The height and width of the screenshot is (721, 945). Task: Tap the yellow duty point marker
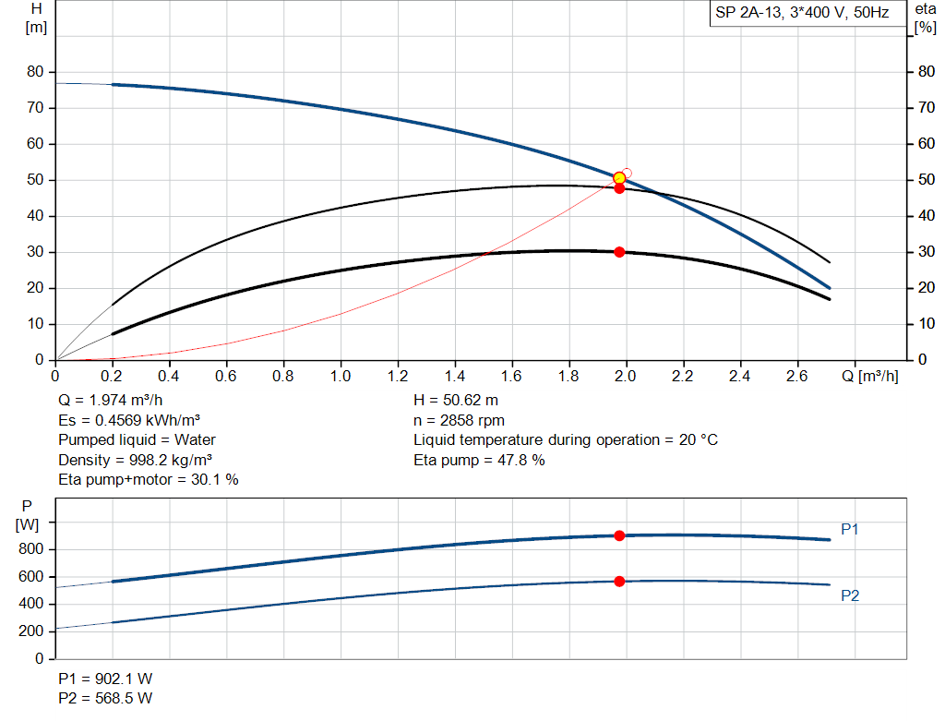[x=619, y=177]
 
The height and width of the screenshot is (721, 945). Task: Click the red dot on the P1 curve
[x=619, y=535]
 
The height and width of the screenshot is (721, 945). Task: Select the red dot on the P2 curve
[x=619, y=581]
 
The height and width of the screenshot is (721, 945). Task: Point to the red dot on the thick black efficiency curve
[x=619, y=252]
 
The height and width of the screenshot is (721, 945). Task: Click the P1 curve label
[x=850, y=529]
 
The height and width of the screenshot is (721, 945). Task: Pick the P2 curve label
[x=850, y=595]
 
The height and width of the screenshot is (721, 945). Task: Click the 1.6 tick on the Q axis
[x=511, y=376]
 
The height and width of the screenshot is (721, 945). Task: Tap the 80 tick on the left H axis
[x=38, y=72]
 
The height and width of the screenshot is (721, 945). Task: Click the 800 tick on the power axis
[x=32, y=549]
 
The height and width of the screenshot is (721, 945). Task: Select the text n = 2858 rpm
[x=459, y=420]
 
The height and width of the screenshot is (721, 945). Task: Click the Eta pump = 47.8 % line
[x=479, y=460]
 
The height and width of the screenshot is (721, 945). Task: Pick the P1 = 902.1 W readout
[x=104, y=679]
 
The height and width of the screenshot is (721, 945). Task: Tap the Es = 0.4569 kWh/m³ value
[x=129, y=420]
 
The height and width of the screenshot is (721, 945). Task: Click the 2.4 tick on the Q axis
[x=739, y=376]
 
